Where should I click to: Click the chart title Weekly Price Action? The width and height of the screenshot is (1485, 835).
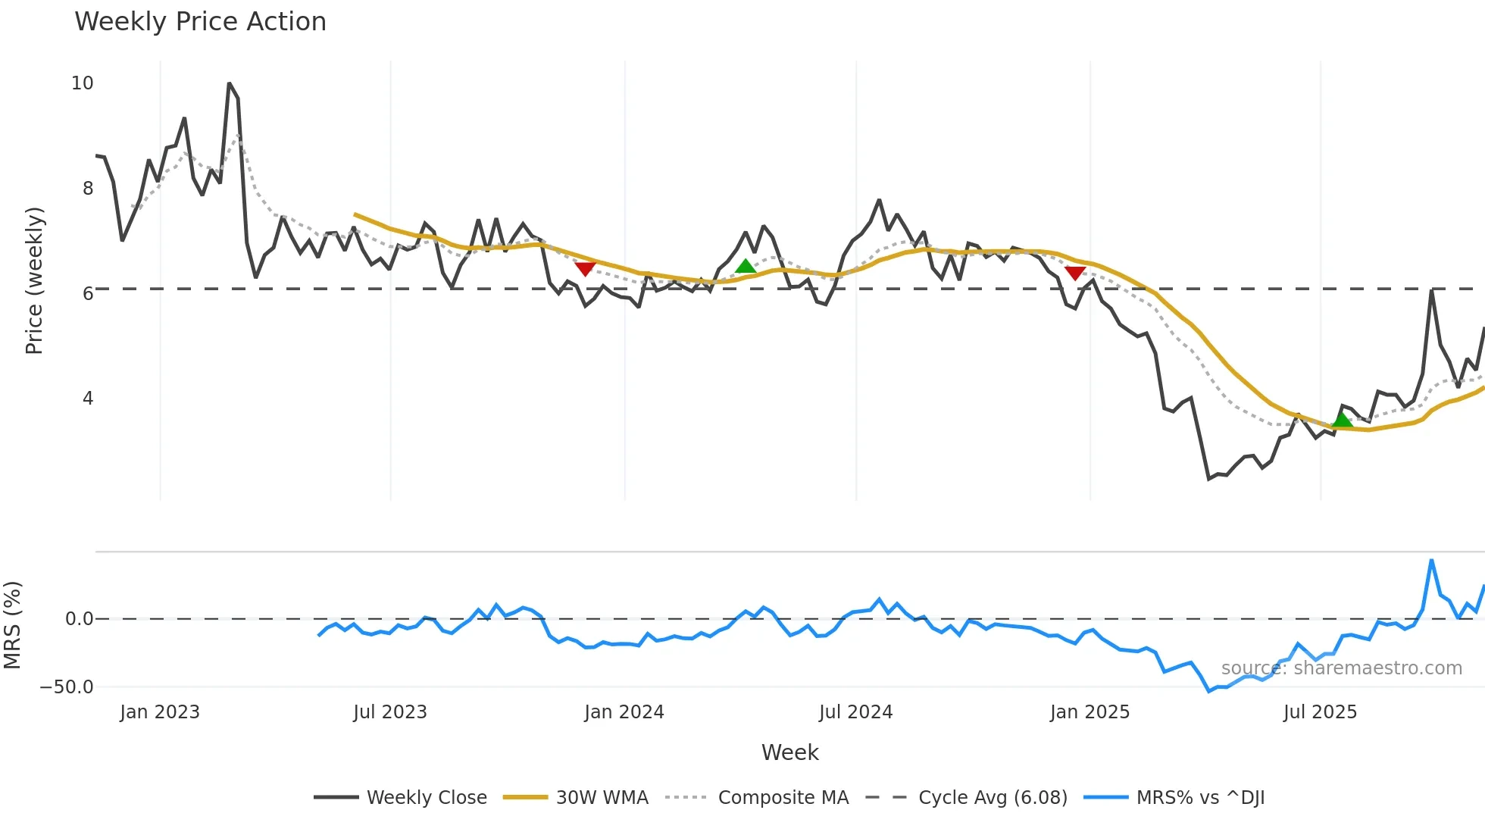tap(200, 22)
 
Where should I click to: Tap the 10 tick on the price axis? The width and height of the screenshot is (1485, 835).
tap(82, 83)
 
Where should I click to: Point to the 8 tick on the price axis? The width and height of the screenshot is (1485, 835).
tap(88, 189)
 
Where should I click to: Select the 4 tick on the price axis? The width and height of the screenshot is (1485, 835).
tap(88, 399)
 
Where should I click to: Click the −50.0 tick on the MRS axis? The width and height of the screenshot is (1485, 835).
tap(67, 687)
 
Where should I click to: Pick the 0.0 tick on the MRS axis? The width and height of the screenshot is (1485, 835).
tap(79, 619)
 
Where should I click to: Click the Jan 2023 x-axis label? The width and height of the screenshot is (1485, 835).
tap(160, 712)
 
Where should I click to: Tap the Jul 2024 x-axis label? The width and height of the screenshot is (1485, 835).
tap(855, 712)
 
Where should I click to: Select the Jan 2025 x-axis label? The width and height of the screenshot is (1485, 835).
tap(1090, 712)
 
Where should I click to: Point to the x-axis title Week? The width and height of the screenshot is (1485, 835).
tap(789, 752)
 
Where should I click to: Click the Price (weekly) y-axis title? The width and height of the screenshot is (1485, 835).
tap(34, 280)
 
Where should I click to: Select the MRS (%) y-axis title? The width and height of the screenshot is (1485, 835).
tap(12, 625)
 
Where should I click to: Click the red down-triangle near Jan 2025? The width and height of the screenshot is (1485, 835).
tap(1075, 273)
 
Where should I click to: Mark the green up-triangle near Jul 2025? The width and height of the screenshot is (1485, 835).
tap(1342, 420)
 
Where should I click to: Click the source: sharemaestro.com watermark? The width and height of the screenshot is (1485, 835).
tap(1341, 668)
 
